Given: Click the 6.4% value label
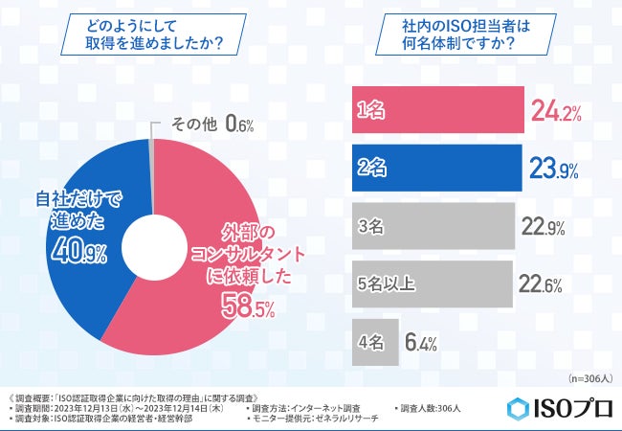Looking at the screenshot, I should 421,340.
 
